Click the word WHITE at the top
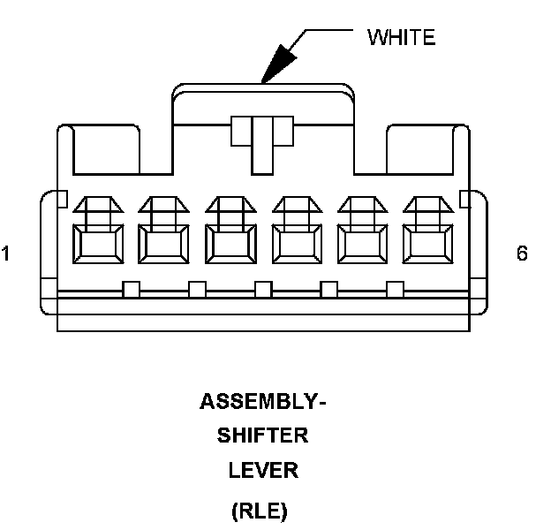[x=401, y=37]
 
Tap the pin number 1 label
[x=6, y=254]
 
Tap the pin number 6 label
[x=522, y=254]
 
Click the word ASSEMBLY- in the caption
[x=263, y=403]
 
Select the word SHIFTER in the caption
[x=263, y=436]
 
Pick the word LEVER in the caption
[x=263, y=471]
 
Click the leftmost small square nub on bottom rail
[x=132, y=288]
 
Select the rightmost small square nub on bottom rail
[x=395, y=288]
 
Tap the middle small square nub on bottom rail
[x=263, y=288]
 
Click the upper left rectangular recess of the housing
[x=105, y=148]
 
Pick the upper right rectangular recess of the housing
[x=420, y=148]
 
